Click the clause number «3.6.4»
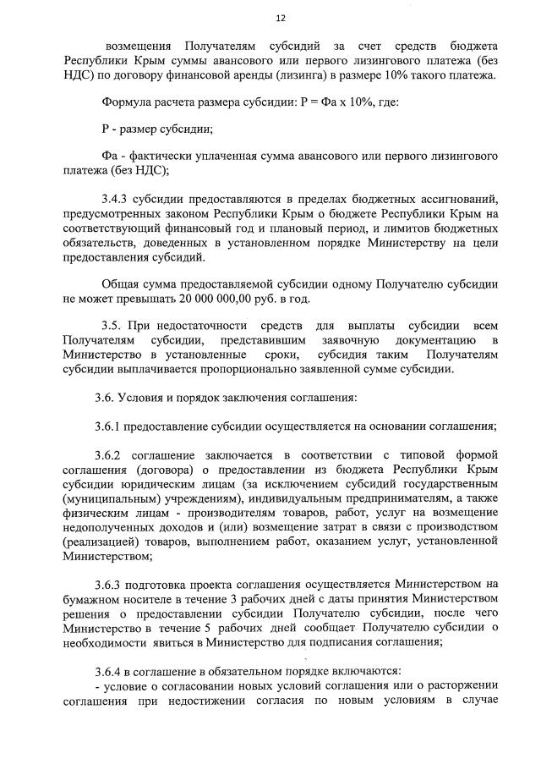pos(114,671)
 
